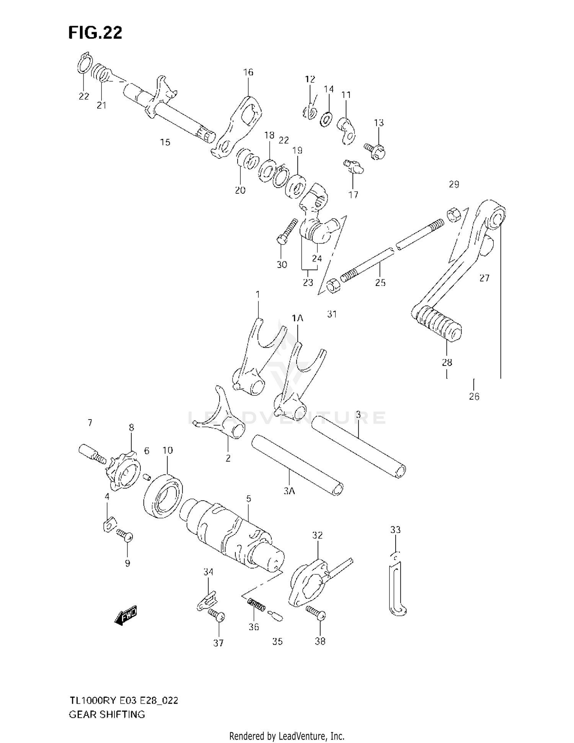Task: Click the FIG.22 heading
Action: coord(95,33)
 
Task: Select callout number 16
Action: coord(248,72)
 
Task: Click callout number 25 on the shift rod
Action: coord(380,283)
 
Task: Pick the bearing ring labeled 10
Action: coord(163,495)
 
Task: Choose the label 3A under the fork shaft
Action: coord(289,491)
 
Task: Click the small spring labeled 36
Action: coord(256,606)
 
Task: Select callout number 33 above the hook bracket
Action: coord(395,530)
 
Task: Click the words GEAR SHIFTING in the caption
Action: coord(107,714)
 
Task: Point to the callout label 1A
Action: coord(297,318)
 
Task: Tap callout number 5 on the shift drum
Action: coord(249,499)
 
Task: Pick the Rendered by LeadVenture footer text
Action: coord(287,736)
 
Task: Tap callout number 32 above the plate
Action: coord(317,535)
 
